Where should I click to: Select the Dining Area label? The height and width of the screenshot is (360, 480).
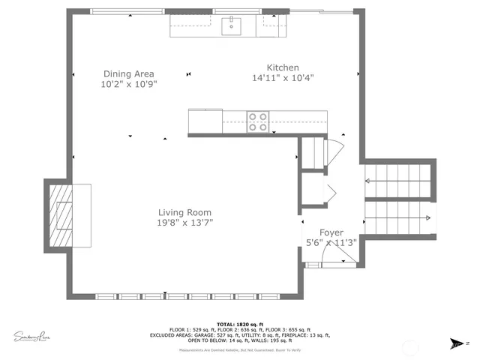point(128,73)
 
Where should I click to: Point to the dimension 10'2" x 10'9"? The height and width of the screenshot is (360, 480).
point(128,84)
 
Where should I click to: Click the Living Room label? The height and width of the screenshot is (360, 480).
point(184,212)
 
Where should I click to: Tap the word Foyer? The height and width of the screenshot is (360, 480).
point(331,232)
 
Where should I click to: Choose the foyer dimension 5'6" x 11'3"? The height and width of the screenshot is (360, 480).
point(331,243)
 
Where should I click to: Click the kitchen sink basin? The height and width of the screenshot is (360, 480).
point(233,27)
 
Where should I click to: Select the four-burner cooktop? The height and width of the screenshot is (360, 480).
point(258,121)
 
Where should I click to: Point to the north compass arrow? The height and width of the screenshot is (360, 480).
point(454,344)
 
